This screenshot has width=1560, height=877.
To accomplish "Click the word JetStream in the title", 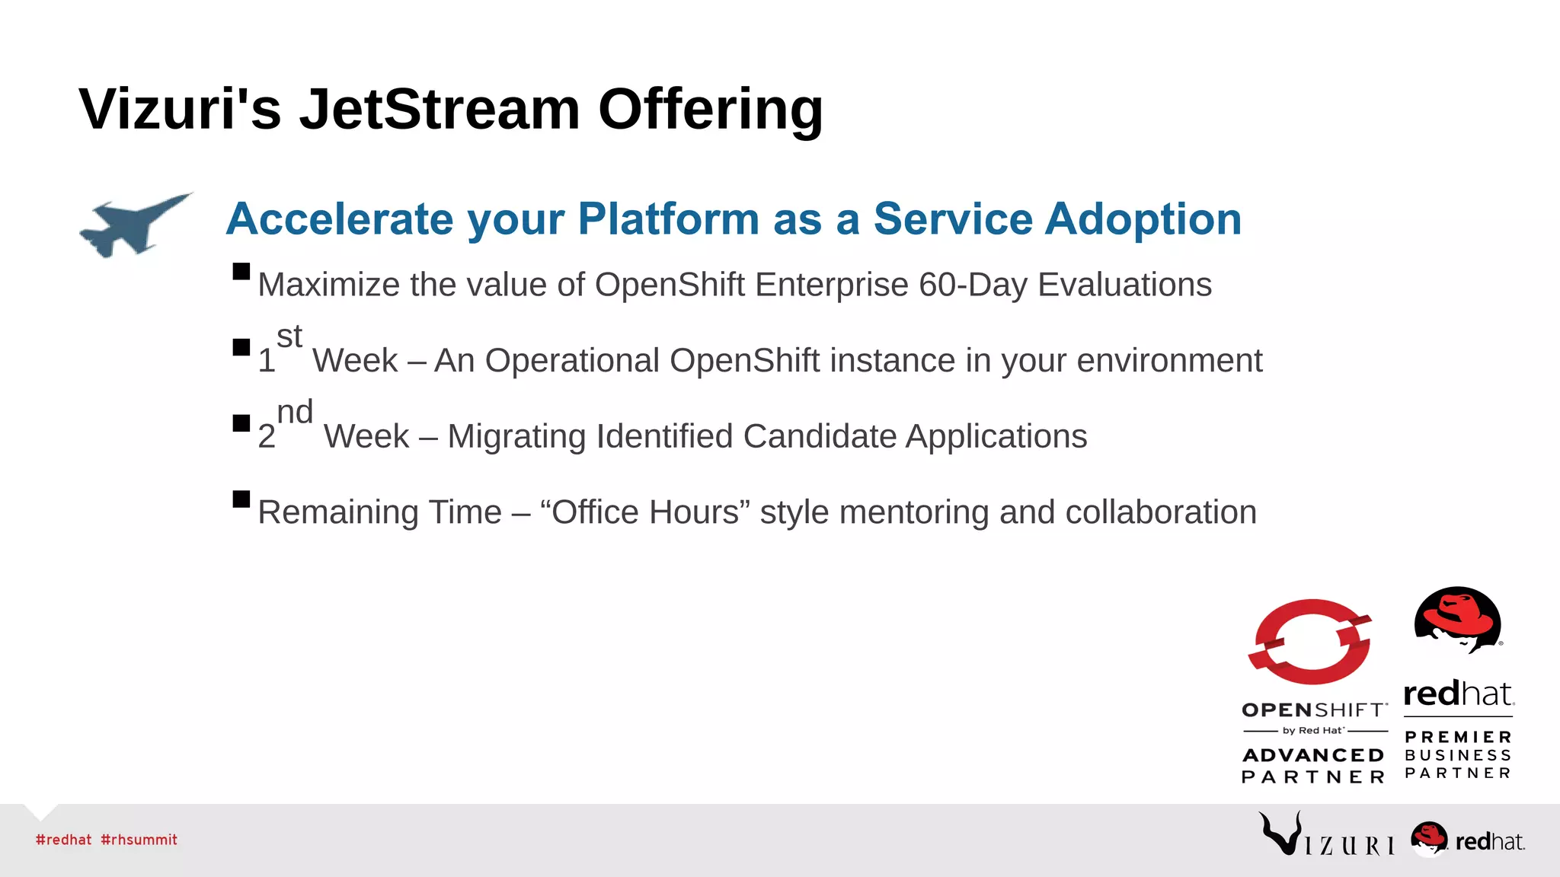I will pos(440,110).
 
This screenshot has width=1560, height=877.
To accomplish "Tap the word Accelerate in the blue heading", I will pos(340,219).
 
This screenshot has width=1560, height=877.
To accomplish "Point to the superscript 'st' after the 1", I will pos(289,336).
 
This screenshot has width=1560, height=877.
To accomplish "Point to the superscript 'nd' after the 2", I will pos(295,413).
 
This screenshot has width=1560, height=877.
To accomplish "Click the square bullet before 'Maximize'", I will pos(241,272).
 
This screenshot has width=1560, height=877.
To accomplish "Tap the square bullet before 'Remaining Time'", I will pos(241,499).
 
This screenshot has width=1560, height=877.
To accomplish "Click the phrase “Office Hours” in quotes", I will pos(644,512).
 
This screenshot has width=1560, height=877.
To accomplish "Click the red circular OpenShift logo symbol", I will pos(1311,642).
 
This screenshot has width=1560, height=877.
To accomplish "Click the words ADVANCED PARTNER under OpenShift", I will pos(1313,766).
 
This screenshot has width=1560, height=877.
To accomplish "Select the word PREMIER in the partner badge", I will pos(1459,737).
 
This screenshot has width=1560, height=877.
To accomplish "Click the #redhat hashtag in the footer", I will pos(63,840).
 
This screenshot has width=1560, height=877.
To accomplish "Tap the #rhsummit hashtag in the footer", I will pos(139,840).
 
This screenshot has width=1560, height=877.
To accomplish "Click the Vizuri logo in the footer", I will pos(1325,836).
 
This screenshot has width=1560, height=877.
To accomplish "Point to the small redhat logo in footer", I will pos(1467,840).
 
